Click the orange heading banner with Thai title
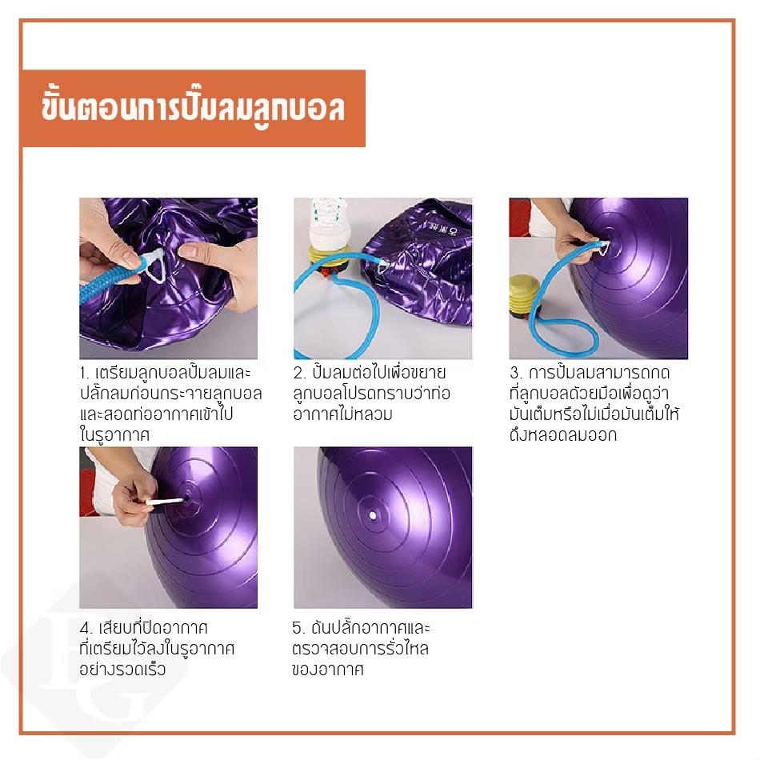(194, 109)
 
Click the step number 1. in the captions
(86, 374)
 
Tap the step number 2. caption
(299, 374)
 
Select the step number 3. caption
(515, 374)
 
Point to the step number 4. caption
(86, 628)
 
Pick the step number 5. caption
(298, 628)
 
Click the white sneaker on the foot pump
(328, 224)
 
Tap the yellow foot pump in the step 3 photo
(523, 297)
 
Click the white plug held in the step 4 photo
(165, 501)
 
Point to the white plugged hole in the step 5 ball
(373, 515)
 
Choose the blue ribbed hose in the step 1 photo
(110, 282)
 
